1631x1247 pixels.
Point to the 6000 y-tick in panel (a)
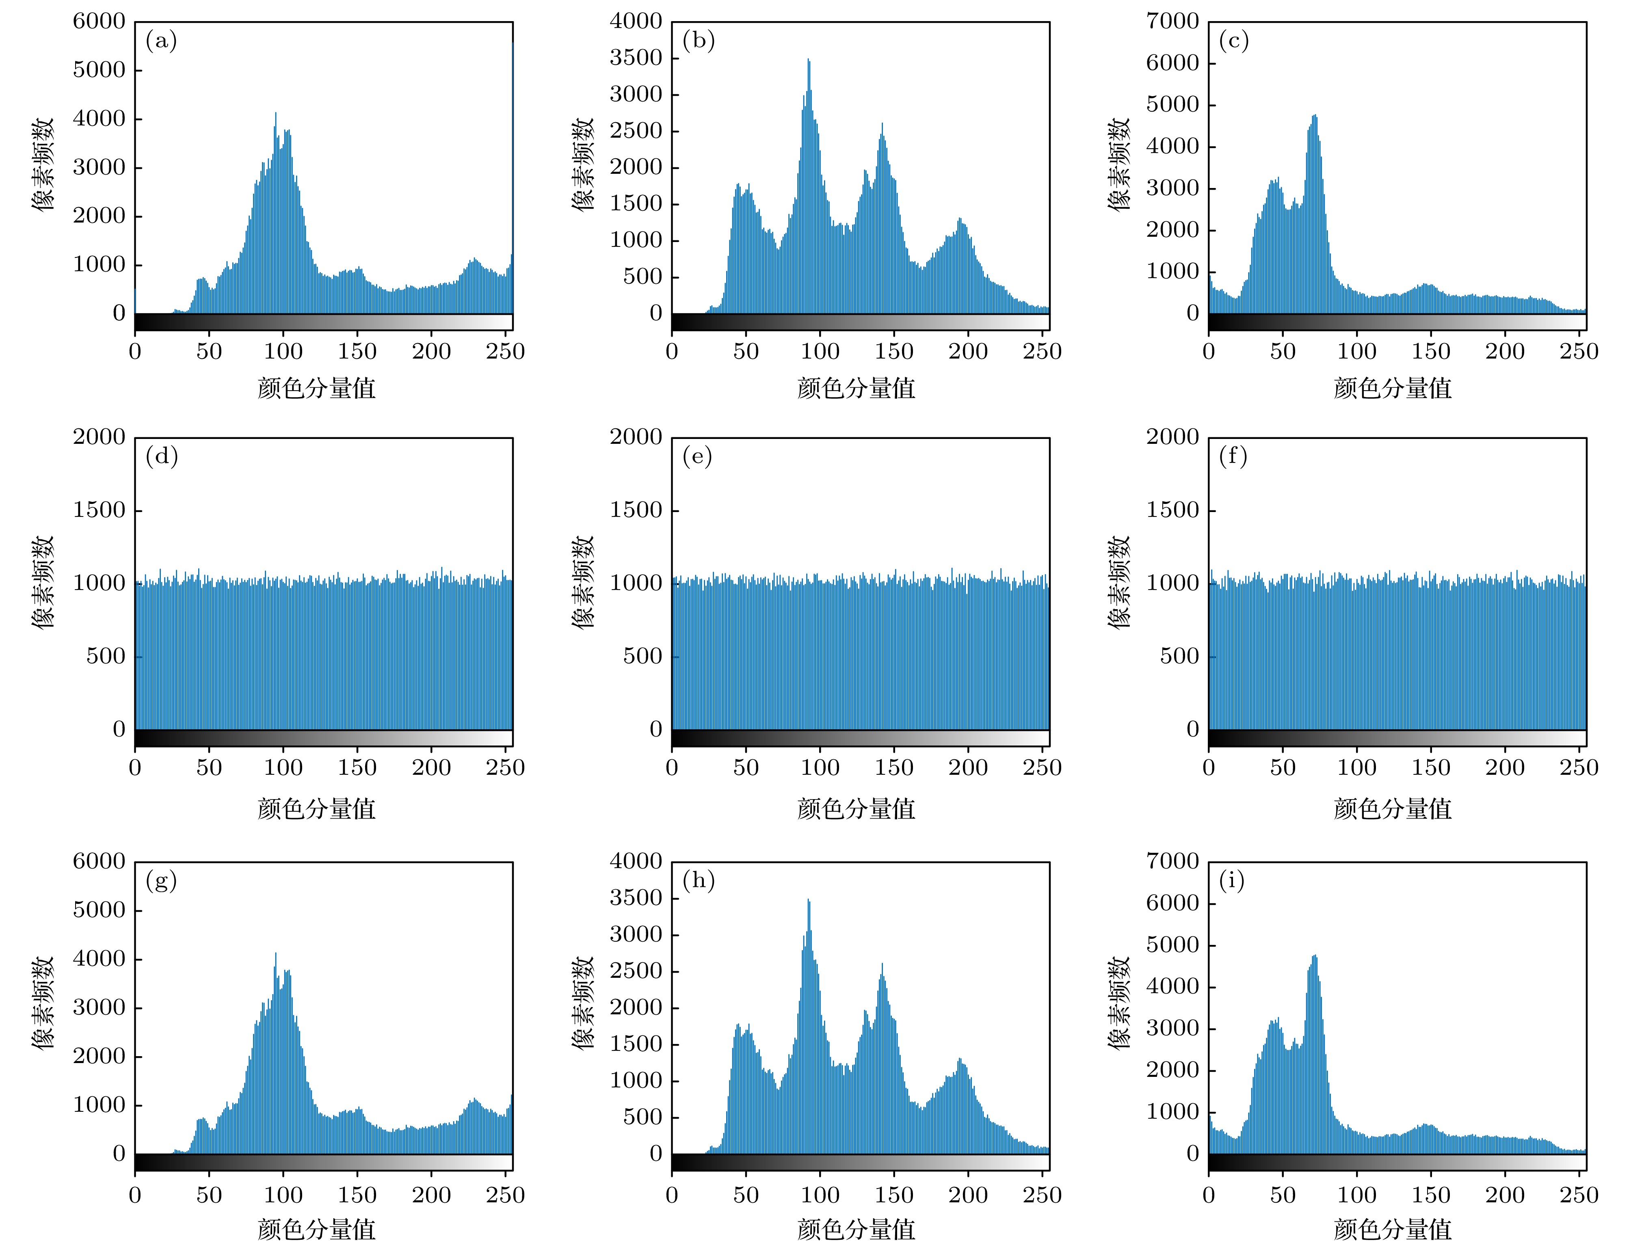tap(99, 22)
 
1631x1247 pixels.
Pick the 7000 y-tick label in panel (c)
tap(1172, 22)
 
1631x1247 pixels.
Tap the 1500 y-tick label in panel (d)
tap(99, 510)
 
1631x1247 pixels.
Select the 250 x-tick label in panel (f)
tap(1579, 767)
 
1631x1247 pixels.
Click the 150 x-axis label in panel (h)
tap(894, 1195)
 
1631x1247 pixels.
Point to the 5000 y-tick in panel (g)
tap(99, 910)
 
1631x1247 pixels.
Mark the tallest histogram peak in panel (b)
tap(809, 61)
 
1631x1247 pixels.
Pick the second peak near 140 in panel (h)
tap(882, 965)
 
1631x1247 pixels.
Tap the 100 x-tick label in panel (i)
tap(1356, 1195)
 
